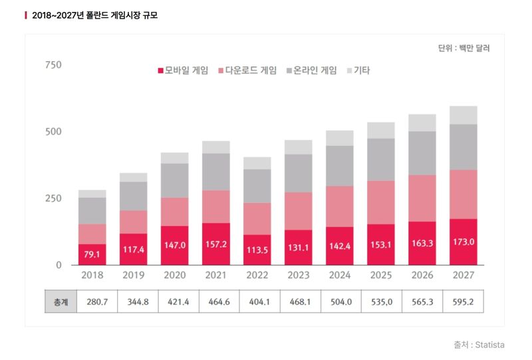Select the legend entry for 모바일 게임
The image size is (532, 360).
click(x=183, y=70)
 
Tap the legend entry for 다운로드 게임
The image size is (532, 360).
click(x=247, y=70)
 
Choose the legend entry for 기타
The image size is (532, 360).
click(x=357, y=70)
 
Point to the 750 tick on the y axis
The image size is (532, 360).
click(x=53, y=65)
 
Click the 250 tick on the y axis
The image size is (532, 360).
click(x=53, y=198)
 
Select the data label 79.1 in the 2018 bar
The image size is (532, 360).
click(x=92, y=254)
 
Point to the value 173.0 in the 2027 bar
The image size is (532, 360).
click(x=463, y=242)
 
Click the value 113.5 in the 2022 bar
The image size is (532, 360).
click(x=257, y=250)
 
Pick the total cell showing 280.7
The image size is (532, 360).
click(x=92, y=301)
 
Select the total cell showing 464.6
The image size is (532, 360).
click(x=216, y=301)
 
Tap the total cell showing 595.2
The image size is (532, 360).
click(x=463, y=301)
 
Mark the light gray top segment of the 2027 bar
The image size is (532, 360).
click(x=463, y=115)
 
